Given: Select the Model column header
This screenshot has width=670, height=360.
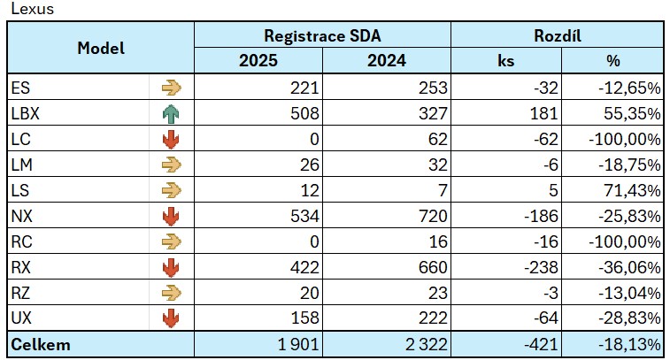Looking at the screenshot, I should [x=101, y=48].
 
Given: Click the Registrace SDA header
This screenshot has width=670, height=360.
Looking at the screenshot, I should [x=322, y=35].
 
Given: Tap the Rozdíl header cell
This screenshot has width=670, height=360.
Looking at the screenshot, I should [x=557, y=35].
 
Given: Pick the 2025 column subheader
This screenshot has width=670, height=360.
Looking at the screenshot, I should [x=258, y=61].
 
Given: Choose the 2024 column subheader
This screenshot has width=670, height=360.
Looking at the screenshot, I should [x=386, y=61].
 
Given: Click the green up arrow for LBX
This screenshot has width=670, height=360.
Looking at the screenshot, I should [x=171, y=113].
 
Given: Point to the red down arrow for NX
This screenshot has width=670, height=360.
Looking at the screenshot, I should [x=171, y=216].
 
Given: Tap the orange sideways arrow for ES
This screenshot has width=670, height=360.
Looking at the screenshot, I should [x=171, y=88].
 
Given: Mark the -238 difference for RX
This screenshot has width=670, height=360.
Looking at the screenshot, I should [x=540, y=267].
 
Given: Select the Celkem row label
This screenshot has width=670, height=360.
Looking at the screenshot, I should [x=41, y=344].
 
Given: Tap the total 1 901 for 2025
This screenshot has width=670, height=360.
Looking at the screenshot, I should [x=296, y=344].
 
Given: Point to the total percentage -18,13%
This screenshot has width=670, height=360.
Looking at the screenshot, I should [x=624, y=344].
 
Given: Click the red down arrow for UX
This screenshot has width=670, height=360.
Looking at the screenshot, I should [x=171, y=318].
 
